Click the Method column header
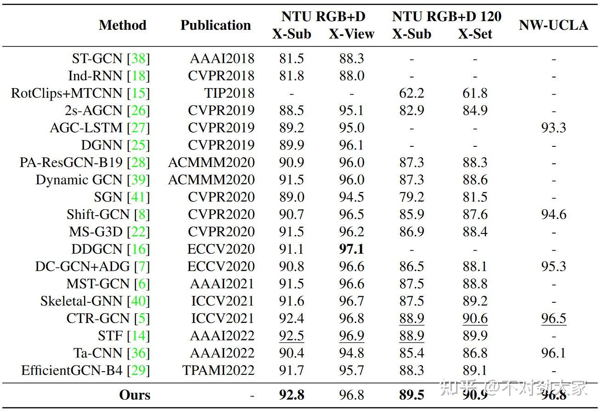(122, 25)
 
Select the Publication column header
(215, 25)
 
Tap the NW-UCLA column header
(553, 25)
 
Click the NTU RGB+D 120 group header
(446, 17)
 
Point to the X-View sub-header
(351, 34)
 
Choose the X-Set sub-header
(475, 34)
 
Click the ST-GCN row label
(97, 59)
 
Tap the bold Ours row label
(135, 395)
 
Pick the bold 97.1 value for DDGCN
(351, 249)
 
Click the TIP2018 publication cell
(229, 93)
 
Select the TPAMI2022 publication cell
(218, 370)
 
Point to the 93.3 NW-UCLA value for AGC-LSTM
(553, 128)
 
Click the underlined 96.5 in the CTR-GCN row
(553, 318)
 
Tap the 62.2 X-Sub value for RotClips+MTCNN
(411, 93)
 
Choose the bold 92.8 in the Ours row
(292, 395)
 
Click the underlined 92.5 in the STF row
(292, 336)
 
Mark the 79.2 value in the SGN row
(411, 197)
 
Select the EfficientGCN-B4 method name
(72, 370)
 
